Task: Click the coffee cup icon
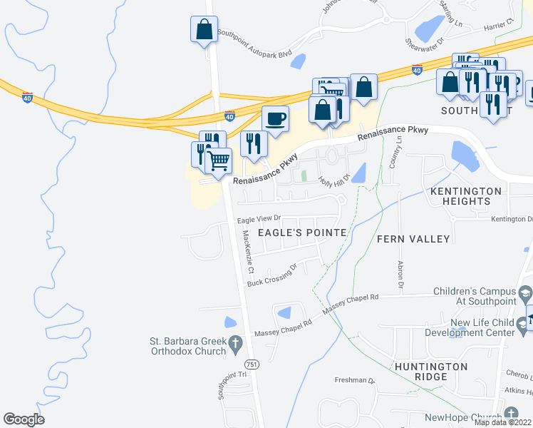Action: click(275, 118)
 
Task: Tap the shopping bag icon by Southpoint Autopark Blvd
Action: click(204, 30)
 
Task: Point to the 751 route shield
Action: click(254, 364)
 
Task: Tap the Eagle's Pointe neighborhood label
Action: click(302, 233)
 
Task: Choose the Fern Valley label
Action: click(413, 238)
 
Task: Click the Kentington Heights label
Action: click(466, 196)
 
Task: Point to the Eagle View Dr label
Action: click(259, 220)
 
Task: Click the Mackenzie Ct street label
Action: click(247, 253)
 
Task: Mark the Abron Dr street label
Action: click(400, 275)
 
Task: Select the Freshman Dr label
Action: click(361, 381)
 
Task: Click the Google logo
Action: click(24, 419)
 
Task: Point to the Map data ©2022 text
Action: click(502, 422)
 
